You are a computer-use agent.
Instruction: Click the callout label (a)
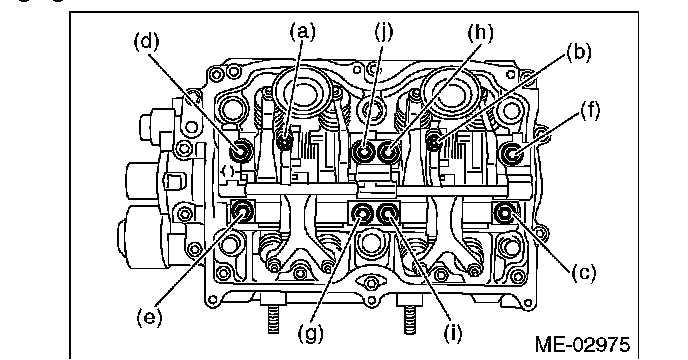(303, 32)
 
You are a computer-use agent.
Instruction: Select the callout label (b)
(578, 52)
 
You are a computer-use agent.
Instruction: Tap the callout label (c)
(584, 273)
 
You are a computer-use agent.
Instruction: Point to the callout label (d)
(147, 42)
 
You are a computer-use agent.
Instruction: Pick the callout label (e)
(148, 317)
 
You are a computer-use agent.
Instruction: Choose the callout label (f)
(590, 110)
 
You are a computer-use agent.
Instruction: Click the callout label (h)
(480, 33)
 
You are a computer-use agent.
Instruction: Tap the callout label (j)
(384, 32)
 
